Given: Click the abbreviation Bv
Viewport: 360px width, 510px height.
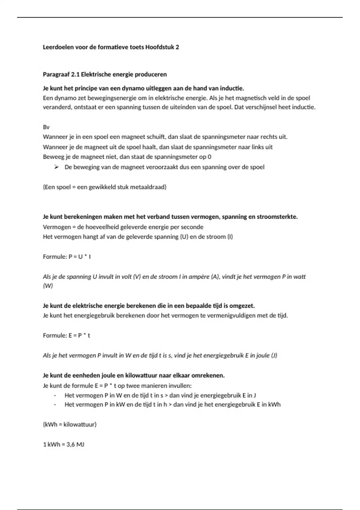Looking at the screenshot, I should [46, 127].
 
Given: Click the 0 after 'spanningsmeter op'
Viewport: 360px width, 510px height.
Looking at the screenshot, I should [209, 157].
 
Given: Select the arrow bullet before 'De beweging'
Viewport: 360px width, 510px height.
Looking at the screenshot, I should [56, 167].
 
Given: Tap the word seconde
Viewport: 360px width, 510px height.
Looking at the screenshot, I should [192, 227].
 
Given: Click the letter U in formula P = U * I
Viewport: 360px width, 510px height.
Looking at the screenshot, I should [80, 256].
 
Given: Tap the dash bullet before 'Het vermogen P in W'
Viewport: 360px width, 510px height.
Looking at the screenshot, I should [55, 395].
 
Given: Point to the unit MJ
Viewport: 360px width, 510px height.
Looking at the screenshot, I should [80, 444].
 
